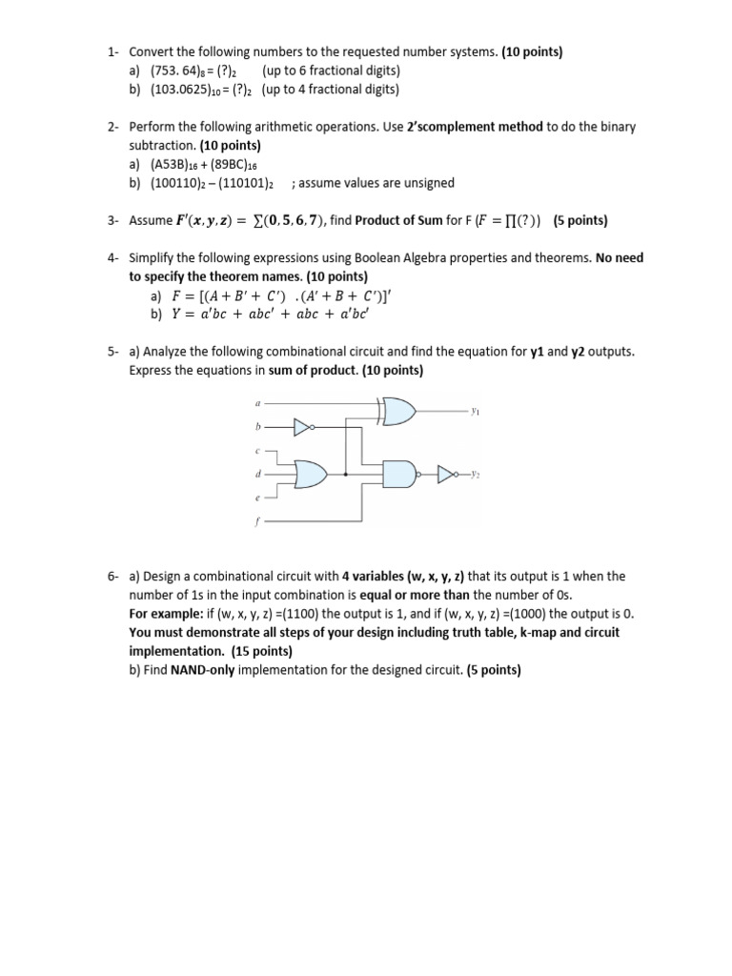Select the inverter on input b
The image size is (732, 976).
click(x=304, y=429)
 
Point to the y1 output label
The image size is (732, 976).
click(x=475, y=412)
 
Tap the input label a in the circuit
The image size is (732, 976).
click(x=257, y=404)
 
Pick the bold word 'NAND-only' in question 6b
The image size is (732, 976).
click(x=202, y=670)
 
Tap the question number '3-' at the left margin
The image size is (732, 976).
click(x=112, y=220)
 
